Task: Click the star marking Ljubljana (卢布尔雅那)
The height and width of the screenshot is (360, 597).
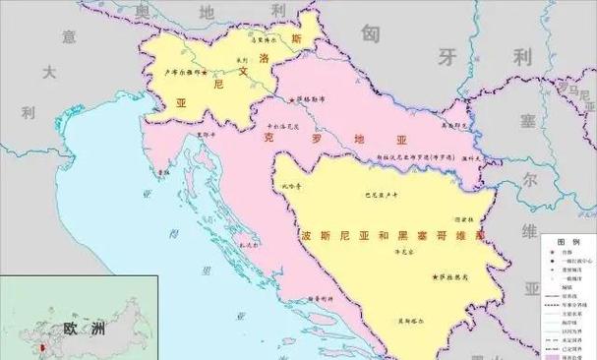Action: click(206, 74)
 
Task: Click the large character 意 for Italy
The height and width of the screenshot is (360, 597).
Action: click(69, 36)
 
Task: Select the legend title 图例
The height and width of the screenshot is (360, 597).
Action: click(567, 241)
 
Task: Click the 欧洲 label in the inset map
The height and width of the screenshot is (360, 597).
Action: click(84, 330)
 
